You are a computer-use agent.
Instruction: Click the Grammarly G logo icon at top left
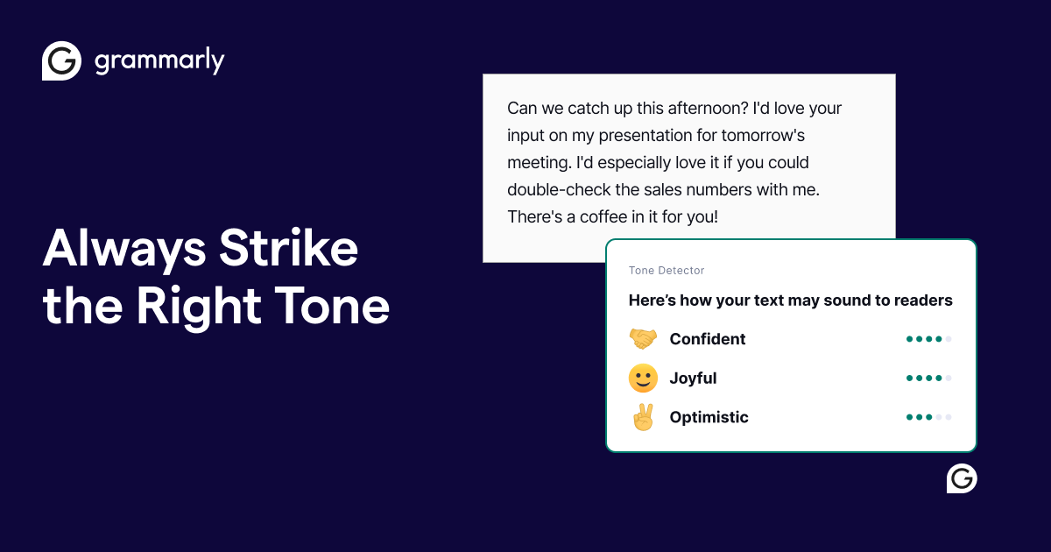[62, 61]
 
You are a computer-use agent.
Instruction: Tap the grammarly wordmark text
[159, 61]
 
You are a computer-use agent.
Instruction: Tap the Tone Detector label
[667, 271]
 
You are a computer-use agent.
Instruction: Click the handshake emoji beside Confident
[643, 339]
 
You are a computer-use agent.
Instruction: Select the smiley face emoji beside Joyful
[643, 379]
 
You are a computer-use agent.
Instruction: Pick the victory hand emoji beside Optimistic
[643, 417]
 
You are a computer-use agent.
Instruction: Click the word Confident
[708, 339]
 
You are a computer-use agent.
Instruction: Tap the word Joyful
[693, 379]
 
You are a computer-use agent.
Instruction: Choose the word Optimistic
[709, 417]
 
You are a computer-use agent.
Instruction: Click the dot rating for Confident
[928, 339]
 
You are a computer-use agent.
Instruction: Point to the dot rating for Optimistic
[928, 417]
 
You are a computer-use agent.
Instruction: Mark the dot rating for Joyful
[928, 379]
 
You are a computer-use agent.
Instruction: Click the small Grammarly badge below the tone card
[962, 478]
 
